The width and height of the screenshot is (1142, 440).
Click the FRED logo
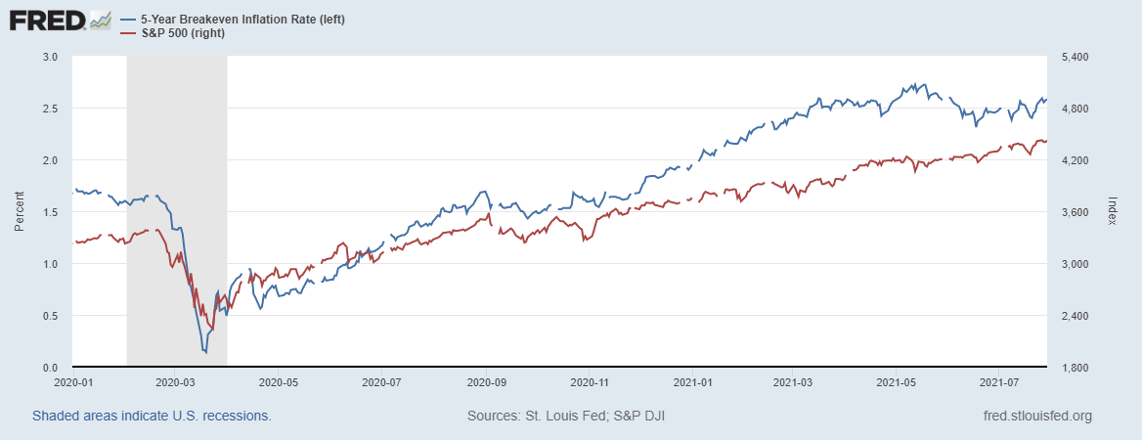(48, 19)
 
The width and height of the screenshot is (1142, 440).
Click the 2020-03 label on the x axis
(176, 382)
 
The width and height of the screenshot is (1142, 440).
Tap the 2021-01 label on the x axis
(690, 382)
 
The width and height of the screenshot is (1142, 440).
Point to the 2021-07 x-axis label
(998, 382)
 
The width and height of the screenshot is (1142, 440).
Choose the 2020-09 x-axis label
(485, 382)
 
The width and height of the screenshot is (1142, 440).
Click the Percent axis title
(19, 212)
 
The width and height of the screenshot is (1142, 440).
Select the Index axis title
(1112, 212)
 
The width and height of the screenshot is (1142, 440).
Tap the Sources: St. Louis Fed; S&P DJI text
(566, 417)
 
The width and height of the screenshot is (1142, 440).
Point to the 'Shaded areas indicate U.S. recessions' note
(152, 417)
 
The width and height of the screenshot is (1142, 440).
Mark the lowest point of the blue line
(205, 352)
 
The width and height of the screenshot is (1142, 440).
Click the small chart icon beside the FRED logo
(100, 19)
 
